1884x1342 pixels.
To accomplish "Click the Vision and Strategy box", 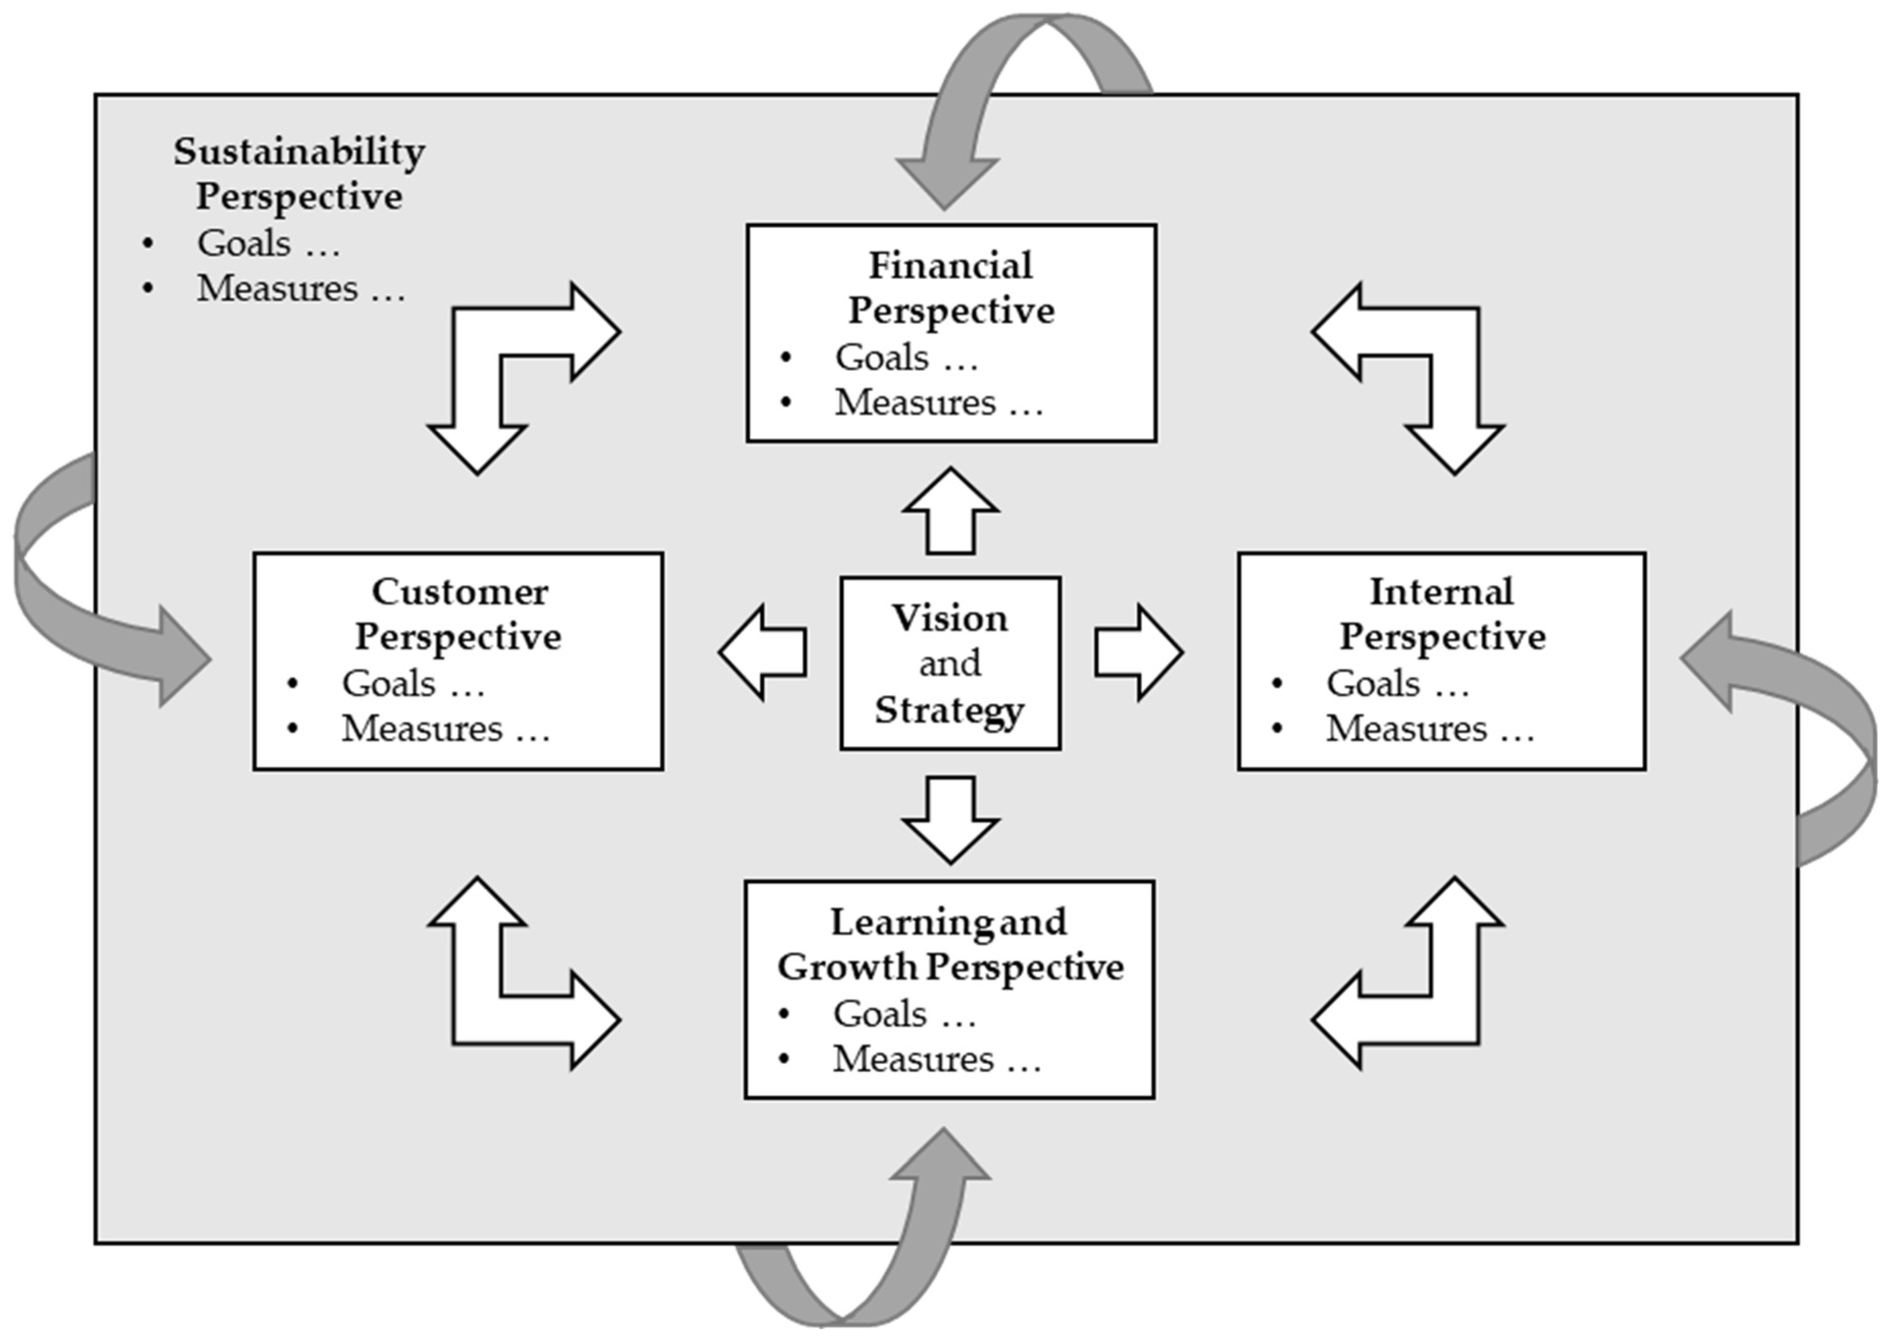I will point(950,663).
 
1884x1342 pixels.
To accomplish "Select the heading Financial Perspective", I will point(950,288).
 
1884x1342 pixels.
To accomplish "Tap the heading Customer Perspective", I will point(459,614).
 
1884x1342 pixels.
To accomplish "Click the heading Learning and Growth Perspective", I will point(950,943).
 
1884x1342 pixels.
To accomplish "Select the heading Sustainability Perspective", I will point(299,173).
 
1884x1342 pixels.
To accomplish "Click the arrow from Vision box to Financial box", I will point(950,512).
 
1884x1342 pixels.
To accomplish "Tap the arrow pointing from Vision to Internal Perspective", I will point(1138,653).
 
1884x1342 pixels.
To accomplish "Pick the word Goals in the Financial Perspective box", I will point(882,358).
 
